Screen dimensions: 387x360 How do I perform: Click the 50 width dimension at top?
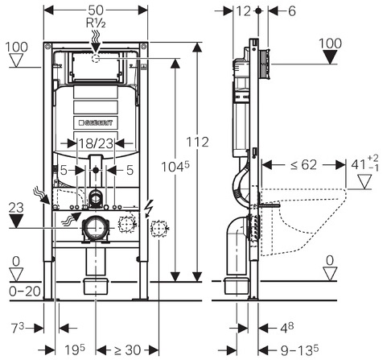coord(96,10)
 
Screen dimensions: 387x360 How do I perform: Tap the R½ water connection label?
coord(96,23)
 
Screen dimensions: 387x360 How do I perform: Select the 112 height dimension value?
coord(197,142)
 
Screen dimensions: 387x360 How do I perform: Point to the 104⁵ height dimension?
coord(175,167)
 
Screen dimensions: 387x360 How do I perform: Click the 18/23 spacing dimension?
coord(96,143)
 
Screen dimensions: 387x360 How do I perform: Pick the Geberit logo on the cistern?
coord(96,122)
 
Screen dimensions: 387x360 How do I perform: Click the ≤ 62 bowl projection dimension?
coord(303,164)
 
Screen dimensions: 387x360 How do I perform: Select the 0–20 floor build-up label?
coord(25,292)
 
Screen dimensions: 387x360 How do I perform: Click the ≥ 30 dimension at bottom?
coord(127,350)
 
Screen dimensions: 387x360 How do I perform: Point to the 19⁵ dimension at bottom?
coord(75,350)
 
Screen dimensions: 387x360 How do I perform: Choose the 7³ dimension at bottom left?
coord(17,328)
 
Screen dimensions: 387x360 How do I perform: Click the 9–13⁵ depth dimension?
coord(299,350)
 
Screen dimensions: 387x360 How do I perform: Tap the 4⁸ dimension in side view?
coord(287,327)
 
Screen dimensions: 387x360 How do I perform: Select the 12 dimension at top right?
coord(243,11)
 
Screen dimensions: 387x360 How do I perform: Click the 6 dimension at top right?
coord(291,11)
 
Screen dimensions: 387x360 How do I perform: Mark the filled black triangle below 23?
coord(16,221)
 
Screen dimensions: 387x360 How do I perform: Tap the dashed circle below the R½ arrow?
coord(96,58)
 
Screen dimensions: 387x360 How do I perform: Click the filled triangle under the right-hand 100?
coord(330,57)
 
